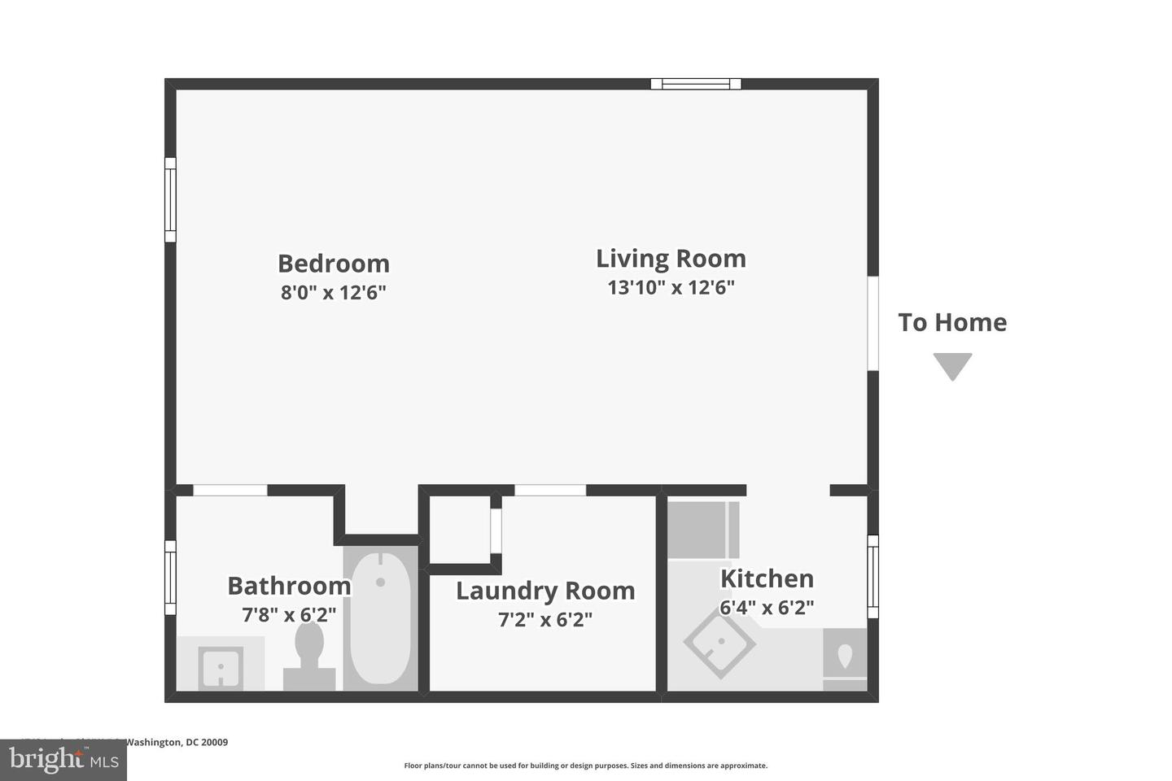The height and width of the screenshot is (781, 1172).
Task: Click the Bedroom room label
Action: (334, 264)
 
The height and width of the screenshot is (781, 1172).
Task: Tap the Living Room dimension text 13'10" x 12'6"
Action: (671, 287)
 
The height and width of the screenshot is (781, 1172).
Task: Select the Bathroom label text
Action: (289, 586)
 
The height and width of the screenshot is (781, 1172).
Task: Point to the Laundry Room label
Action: (545, 591)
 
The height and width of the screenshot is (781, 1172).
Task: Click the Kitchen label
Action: (767, 578)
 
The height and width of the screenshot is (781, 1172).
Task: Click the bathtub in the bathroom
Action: (380, 617)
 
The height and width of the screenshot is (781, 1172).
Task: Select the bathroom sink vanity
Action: (221, 665)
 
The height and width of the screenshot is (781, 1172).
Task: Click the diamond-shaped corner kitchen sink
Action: (719, 644)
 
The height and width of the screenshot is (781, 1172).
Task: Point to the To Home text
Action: (952, 322)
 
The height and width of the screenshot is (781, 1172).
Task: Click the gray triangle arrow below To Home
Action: (952, 365)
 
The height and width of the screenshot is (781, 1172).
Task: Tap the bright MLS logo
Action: (63, 760)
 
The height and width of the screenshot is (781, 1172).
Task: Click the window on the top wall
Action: (696, 83)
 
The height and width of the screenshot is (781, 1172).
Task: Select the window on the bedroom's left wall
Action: (170, 199)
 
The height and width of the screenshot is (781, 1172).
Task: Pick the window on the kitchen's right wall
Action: (872, 576)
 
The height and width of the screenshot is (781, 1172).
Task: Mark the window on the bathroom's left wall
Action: (170, 578)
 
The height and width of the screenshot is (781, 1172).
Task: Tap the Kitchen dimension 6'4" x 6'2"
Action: (767, 608)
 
